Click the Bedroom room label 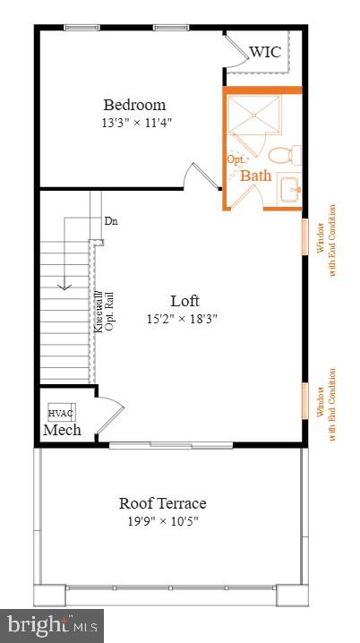click(133, 105)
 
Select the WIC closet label click(265, 52)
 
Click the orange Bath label click(255, 176)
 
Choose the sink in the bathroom click(288, 190)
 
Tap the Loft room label click(184, 300)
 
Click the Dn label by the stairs click(111, 220)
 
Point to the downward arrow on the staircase click(64, 287)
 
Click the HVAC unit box click(61, 412)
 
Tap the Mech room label click(63, 431)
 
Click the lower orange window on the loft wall click(304, 399)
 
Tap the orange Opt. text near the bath click(236, 159)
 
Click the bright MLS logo click(52, 624)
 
